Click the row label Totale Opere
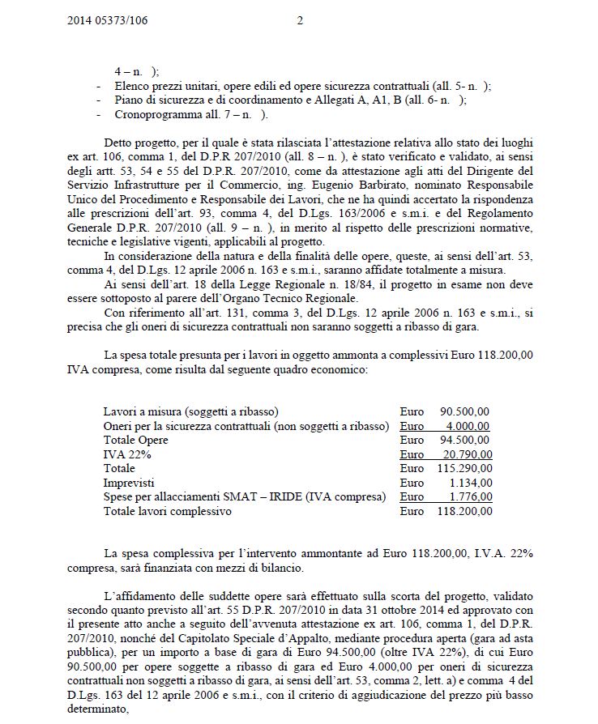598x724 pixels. (138, 440)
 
